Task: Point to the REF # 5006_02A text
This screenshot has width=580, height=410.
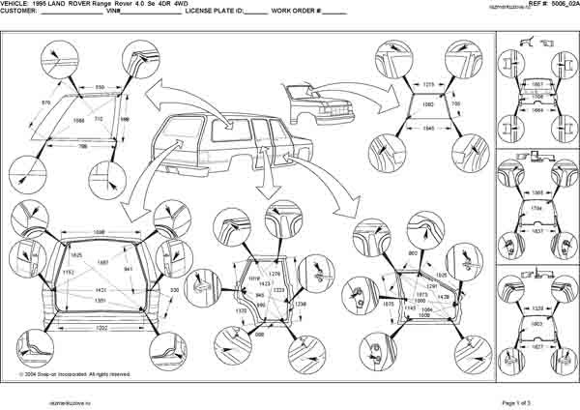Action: tap(553, 6)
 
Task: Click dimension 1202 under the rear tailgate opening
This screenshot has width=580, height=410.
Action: tap(101, 327)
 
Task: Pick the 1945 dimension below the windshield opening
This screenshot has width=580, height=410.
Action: tap(427, 127)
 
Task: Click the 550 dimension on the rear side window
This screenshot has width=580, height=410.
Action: tap(100, 87)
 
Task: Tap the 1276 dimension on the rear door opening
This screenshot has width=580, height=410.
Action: tap(274, 249)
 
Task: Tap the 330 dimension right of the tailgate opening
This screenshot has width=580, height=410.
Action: tap(173, 290)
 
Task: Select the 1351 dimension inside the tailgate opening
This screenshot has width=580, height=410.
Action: tap(100, 301)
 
